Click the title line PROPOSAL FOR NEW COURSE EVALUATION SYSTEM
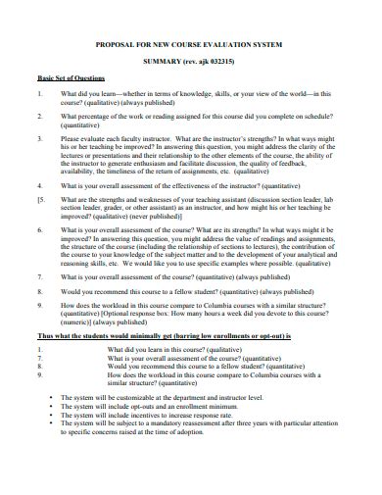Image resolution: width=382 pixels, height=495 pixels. [192, 44]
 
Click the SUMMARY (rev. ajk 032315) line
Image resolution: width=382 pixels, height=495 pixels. [192, 61]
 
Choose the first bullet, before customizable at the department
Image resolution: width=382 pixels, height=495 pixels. [50, 398]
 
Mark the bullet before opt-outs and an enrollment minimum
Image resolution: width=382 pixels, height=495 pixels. [50, 407]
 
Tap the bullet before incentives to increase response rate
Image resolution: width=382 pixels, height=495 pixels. [50, 416]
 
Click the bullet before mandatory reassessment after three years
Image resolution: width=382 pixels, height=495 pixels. [50, 424]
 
